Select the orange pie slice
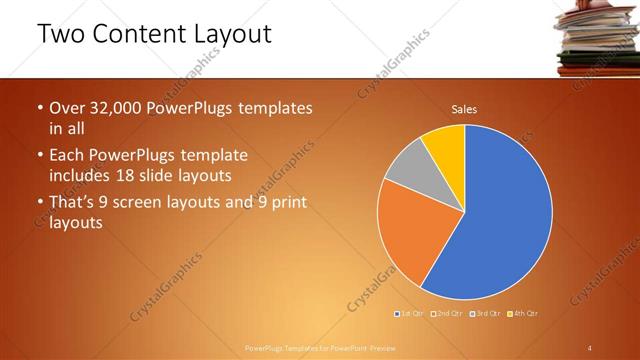click(415, 240)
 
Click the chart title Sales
click(464, 108)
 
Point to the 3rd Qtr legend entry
click(484, 315)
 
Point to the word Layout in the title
click(234, 34)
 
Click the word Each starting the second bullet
click(69, 155)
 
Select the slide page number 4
click(590, 347)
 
